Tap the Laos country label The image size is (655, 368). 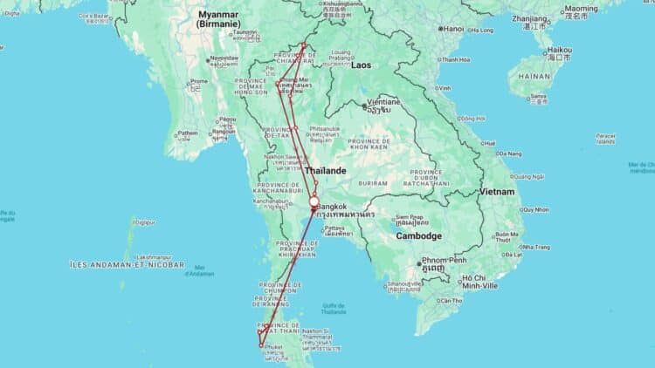361,65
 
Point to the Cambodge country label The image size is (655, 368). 418,236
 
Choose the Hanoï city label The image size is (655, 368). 454,29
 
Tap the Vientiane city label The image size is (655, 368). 383,102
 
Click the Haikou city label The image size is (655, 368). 559,50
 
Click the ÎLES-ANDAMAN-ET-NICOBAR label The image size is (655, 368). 128,264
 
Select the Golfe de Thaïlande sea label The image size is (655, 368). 334,308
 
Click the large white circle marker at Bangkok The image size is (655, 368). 314,201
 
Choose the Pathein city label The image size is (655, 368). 187,133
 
